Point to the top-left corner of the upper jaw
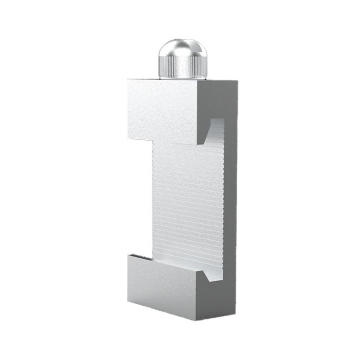[x=128, y=80]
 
